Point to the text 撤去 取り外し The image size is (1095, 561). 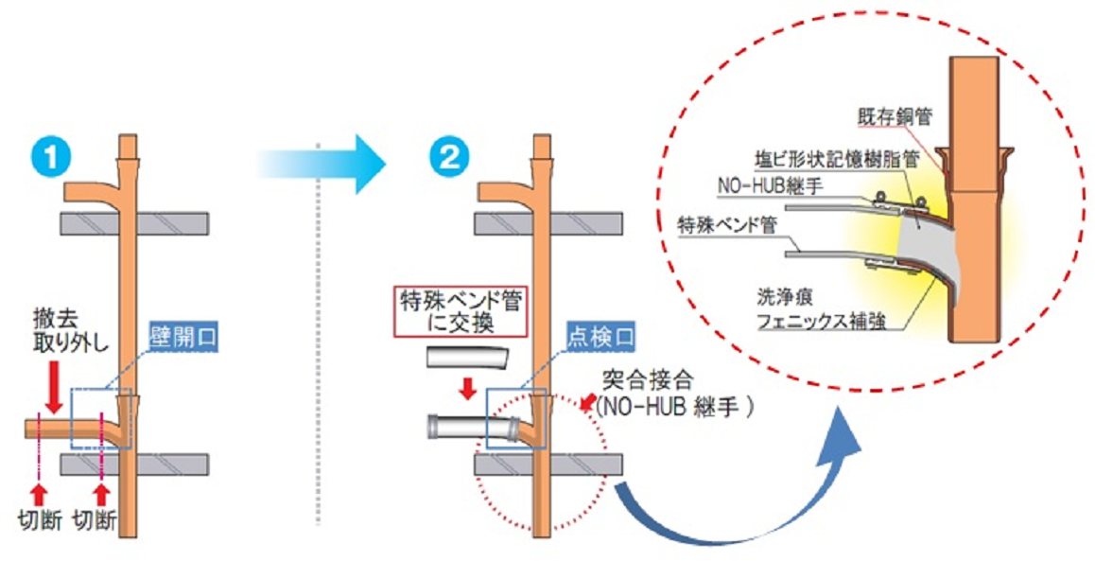[x=53, y=350]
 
